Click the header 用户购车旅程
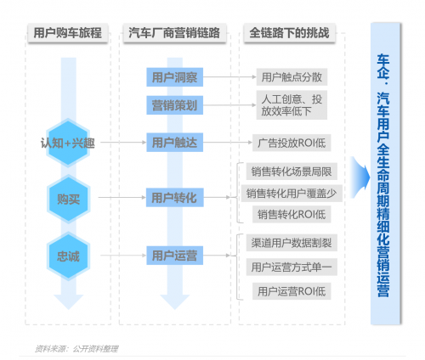click(68, 33)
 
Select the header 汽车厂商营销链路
click(174, 33)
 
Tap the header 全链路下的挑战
click(290, 33)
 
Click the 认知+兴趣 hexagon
click(68, 143)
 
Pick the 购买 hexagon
click(68, 199)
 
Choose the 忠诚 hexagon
click(68, 256)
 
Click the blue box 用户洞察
click(174, 77)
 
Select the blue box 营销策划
click(174, 105)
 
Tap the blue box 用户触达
click(174, 142)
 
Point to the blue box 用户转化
click(174, 197)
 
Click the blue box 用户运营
click(174, 256)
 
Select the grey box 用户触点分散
click(292, 76)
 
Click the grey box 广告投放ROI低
click(292, 143)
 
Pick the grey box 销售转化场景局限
click(292, 172)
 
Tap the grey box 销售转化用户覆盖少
click(292, 194)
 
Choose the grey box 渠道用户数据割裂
click(292, 243)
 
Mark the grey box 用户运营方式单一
click(292, 267)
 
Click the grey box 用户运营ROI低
click(292, 291)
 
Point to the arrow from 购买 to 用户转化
click(122, 197)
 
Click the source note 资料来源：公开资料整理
click(76, 349)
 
